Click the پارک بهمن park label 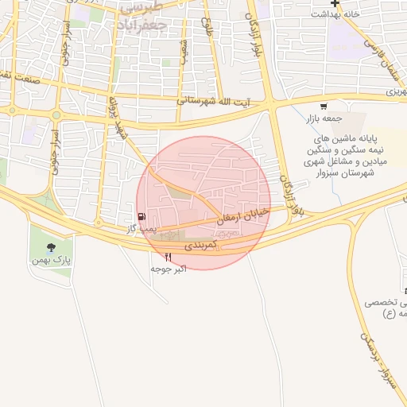tap(56, 259)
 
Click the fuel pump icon tap(141, 216)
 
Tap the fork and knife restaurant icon tap(168, 258)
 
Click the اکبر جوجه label tap(169, 269)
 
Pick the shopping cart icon tap(323, 107)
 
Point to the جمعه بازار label tap(323, 118)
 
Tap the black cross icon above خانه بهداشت tap(336, 3)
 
